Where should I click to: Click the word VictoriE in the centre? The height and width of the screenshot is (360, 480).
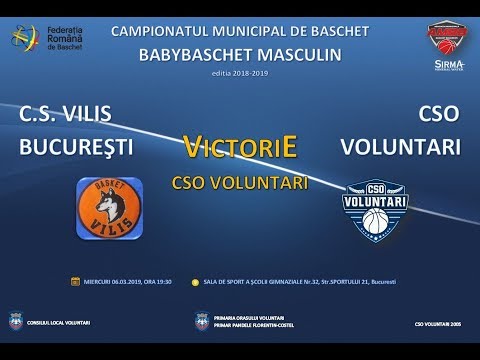(x=241, y=148)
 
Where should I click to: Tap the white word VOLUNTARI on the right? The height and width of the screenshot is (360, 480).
(x=401, y=147)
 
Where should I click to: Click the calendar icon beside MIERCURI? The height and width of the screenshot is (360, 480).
(x=74, y=282)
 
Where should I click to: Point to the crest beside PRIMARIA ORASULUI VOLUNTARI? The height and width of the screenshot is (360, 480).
(x=202, y=322)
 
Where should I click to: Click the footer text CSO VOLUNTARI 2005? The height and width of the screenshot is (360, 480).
(x=437, y=325)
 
